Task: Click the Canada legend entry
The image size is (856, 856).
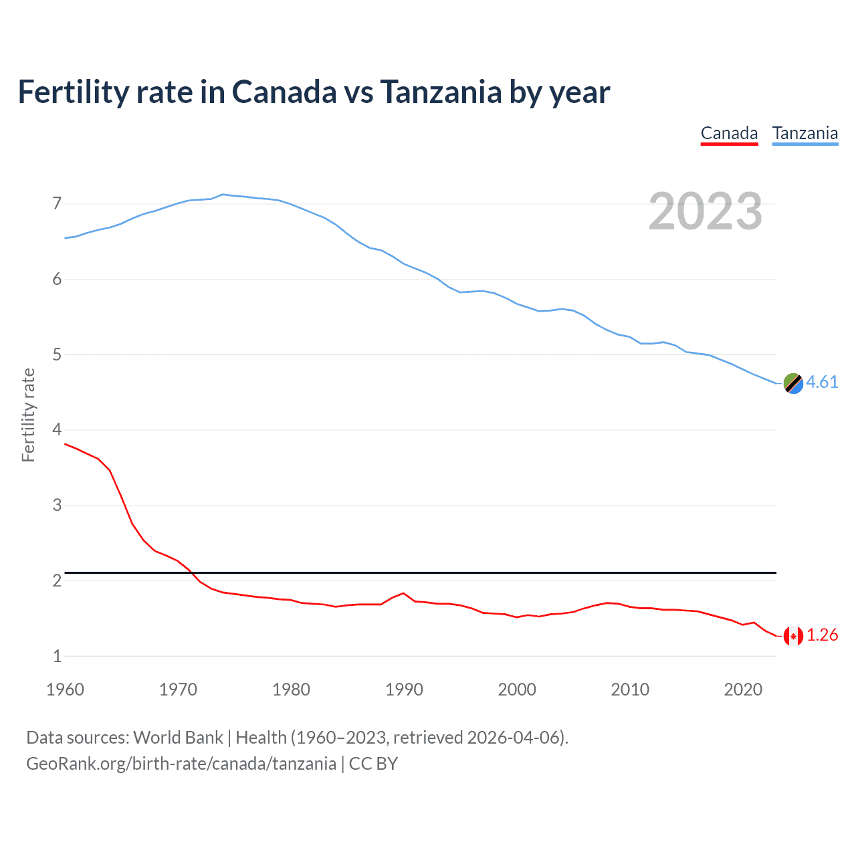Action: (729, 134)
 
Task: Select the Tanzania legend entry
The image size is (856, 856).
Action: (805, 134)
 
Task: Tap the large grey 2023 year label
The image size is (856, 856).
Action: (705, 211)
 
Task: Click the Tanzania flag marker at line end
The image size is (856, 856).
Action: (793, 383)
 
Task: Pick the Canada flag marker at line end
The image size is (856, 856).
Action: (793, 636)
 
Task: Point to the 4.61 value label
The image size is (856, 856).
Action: (822, 382)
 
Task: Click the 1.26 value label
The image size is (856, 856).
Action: (822, 635)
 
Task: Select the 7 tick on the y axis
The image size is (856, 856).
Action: (57, 203)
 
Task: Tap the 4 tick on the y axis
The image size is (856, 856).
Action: (57, 429)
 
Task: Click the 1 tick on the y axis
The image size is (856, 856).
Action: (57, 656)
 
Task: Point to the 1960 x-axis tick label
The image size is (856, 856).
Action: (65, 689)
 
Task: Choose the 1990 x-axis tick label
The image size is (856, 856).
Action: (404, 689)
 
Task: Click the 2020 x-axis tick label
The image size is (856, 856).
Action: (743, 689)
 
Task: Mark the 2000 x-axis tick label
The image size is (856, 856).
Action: (517, 689)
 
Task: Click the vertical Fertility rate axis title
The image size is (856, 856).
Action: (28, 415)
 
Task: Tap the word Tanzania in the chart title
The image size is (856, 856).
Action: (441, 92)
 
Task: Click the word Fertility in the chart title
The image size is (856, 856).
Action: (73, 92)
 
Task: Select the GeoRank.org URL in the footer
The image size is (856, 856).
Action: (181, 764)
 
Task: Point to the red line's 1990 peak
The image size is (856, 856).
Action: (403, 593)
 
